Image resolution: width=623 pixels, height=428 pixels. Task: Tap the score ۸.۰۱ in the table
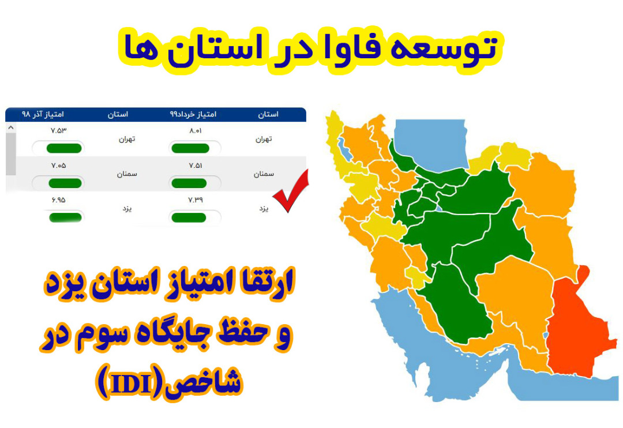(195, 131)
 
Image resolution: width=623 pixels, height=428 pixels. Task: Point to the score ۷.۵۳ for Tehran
(58, 130)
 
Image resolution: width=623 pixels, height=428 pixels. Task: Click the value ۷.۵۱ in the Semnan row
(195, 166)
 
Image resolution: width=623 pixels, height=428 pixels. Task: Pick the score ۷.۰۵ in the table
(58, 166)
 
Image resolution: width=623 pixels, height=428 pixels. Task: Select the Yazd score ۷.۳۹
(195, 200)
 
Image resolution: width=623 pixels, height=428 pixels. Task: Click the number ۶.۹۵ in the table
(58, 200)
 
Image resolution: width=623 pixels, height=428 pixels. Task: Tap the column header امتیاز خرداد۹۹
(193, 114)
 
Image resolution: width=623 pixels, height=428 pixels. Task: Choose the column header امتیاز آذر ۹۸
(43, 114)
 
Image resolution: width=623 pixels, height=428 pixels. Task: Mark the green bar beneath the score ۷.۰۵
(58, 183)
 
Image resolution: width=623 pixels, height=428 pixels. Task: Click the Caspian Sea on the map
(444, 144)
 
